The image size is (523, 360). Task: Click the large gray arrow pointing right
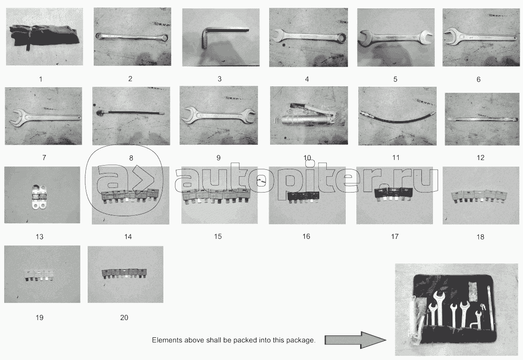(355, 340)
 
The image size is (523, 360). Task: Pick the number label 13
(39, 237)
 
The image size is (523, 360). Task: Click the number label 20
(124, 318)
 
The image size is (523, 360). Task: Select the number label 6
(478, 79)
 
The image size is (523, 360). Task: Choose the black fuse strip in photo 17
(394, 194)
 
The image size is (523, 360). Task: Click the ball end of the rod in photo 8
(99, 113)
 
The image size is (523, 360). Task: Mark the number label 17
(394, 236)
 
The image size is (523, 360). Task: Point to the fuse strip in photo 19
(40, 275)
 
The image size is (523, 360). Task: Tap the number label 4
(307, 79)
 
